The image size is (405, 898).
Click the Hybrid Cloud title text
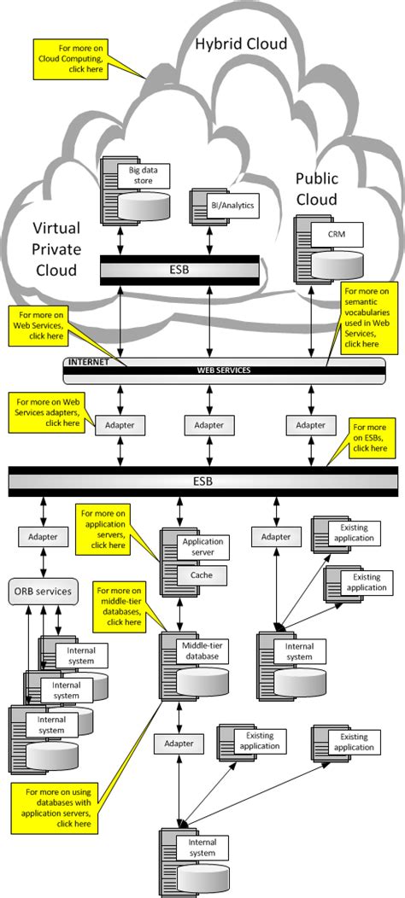click(242, 44)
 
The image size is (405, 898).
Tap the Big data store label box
click(144, 175)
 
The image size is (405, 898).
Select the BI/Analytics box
click(233, 205)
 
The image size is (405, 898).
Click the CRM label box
click(337, 234)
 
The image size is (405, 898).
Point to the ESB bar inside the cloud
click(179, 270)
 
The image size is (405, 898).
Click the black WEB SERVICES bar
click(224, 370)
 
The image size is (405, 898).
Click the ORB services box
click(43, 591)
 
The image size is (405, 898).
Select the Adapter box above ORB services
click(43, 537)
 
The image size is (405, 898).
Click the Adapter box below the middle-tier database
click(179, 744)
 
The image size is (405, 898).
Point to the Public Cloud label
click(317, 189)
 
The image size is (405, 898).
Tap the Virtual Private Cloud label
click(56, 248)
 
